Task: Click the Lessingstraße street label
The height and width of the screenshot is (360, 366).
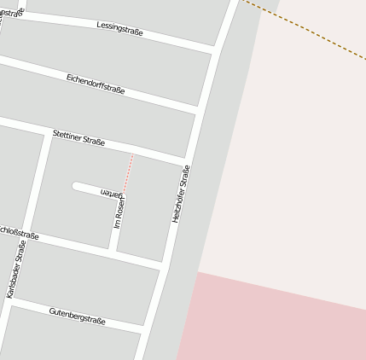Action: (x=119, y=29)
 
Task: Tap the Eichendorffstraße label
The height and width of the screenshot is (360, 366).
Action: (x=96, y=84)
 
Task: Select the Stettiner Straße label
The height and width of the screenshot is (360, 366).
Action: (x=78, y=137)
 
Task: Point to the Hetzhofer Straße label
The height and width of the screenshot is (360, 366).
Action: (x=180, y=194)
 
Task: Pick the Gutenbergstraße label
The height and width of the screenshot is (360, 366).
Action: (x=77, y=315)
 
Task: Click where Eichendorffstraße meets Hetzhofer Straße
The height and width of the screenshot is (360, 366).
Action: (x=199, y=110)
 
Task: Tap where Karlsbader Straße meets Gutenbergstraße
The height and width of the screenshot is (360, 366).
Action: (x=8, y=300)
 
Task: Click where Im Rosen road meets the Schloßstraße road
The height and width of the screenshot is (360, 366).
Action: (x=112, y=249)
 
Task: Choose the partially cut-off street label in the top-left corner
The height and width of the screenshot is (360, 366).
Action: (x=10, y=15)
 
